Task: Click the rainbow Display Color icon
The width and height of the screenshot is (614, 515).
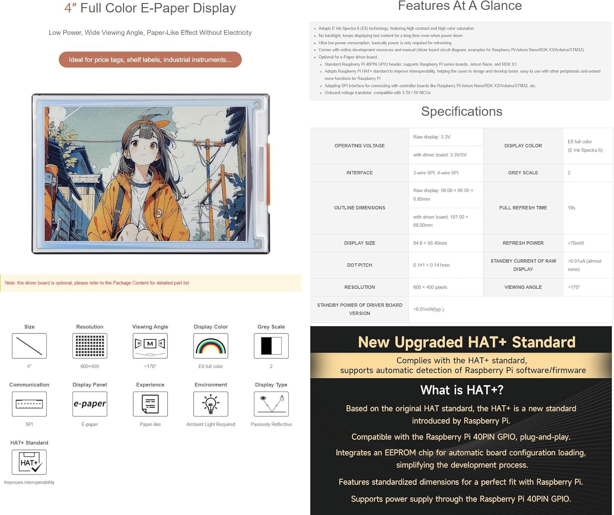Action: [x=211, y=346]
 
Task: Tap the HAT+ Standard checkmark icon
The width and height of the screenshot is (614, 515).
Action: [x=29, y=462]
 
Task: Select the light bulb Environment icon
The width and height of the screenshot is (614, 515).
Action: [x=211, y=404]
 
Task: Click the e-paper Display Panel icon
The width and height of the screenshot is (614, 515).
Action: [x=90, y=404]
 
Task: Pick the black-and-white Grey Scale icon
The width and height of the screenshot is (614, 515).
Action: [x=271, y=346]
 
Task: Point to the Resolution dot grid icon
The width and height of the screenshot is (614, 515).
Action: [x=90, y=346]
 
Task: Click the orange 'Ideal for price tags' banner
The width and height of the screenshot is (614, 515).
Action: [x=150, y=60]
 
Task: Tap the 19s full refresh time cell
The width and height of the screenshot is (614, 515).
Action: [x=571, y=208]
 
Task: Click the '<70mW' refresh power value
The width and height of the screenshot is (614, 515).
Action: [x=576, y=243]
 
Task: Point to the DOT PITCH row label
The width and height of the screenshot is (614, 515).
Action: [x=359, y=265]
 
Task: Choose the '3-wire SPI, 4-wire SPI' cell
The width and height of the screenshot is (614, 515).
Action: [x=436, y=173]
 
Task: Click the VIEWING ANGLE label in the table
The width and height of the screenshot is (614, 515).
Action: [x=523, y=287]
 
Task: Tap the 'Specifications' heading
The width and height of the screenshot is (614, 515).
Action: [x=461, y=111]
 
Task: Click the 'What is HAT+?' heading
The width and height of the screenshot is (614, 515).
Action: [x=461, y=390]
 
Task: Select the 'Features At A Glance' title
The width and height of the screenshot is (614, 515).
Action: [x=460, y=6]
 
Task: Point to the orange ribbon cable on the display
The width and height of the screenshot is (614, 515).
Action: [x=268, y=174]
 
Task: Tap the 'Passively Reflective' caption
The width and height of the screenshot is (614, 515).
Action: [x=271, y=425]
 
